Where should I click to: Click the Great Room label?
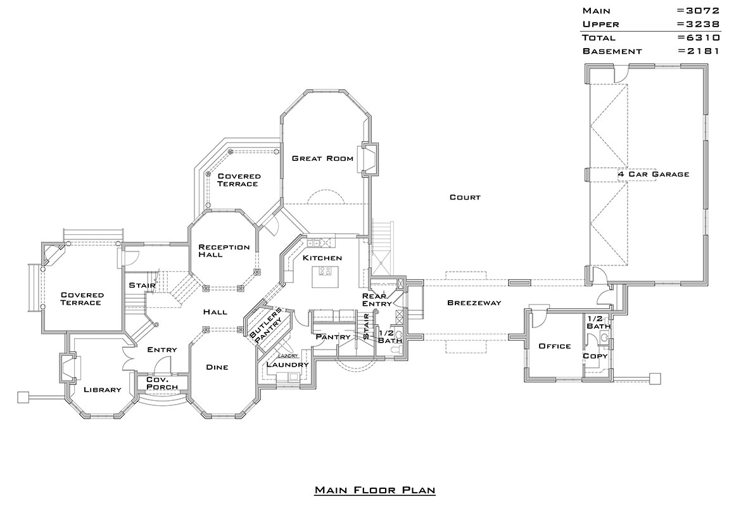(x=322, y=158)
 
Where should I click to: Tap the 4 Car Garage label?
(x=653, y=174)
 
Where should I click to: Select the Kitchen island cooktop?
(x=325, y=271)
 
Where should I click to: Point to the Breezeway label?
(x=474, y=303)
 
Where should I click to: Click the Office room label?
(x=555, y=346)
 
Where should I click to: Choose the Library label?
(x=103, y=389)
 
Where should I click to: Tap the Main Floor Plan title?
(x=375, y=490)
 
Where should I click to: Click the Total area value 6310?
(x=699, y=37)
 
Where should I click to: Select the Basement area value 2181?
(x=699, y=51)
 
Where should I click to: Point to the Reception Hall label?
(x=224, y=251)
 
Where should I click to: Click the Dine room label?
(x=217, y=367)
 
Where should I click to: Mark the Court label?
(x=465, y=197)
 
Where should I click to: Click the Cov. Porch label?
(x=162, y=383)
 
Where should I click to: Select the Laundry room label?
(x=288, y=364)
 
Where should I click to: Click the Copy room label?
(x=595, y=356)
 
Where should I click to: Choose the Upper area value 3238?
(x=699, y=24)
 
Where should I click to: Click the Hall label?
(x=215, y=312)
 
